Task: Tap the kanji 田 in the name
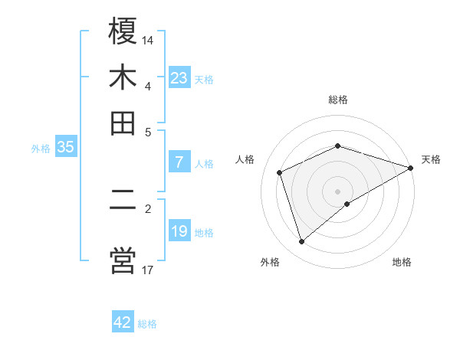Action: click(123, 122)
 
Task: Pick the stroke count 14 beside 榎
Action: click(148, 38)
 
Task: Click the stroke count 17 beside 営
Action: click(148, 269)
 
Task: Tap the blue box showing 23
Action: click(179, 77)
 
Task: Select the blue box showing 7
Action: click(179, 162)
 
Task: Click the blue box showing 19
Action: click(179, 231)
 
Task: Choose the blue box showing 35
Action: click(65, 147)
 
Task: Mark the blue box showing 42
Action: click(123, 322)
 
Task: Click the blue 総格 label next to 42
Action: click(147, 324)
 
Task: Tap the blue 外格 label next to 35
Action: click(41, 149)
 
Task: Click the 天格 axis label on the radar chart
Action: click(431, 159)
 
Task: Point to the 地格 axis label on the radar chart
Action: click(402, 262)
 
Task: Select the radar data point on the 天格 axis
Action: click(410, 168)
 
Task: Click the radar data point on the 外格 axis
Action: click(301, 242)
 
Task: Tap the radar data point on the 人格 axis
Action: click(280, 172)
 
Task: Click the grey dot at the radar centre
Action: click(337, 191)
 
